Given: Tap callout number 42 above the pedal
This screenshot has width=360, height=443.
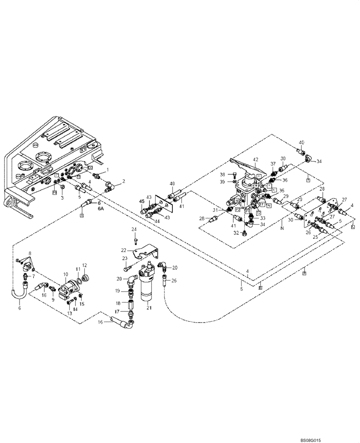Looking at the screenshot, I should point(255,159).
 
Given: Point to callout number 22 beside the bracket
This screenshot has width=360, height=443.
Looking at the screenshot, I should point(124,250).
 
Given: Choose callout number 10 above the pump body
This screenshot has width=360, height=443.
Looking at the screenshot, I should point(66,275).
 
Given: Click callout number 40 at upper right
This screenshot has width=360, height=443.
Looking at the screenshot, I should point(301,142).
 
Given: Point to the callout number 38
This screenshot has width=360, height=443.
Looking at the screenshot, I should point(223,174).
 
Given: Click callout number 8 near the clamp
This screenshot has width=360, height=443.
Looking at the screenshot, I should point(30,253).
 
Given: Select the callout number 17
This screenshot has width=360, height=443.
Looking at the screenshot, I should point(117,311).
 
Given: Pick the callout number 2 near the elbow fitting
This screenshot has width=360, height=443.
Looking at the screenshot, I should point(124,181).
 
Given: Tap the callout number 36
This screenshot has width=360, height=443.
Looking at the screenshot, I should point(285,180).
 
